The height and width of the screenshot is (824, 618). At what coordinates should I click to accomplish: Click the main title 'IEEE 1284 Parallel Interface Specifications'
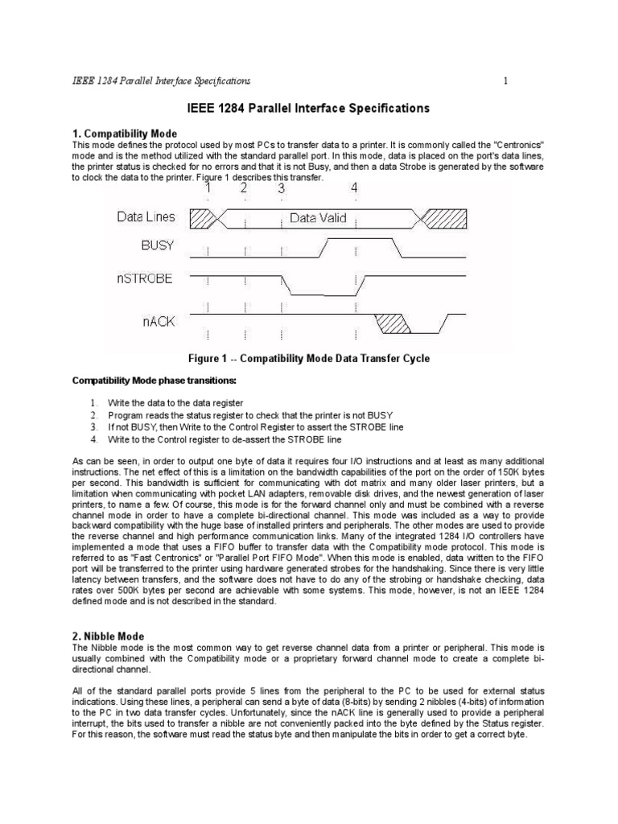(308, 108)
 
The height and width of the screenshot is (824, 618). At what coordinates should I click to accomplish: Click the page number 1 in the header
(505, 80)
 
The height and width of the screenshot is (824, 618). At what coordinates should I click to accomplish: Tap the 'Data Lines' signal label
(146, 217)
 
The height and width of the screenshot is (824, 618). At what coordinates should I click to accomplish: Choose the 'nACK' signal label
(156, 322)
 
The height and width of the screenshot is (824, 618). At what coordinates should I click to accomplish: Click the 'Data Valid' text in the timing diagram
(316, 217)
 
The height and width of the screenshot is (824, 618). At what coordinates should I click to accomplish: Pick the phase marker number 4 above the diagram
(354, 188)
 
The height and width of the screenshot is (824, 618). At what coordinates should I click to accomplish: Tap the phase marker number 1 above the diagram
(208, 188)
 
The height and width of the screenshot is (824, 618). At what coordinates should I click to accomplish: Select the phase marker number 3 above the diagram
(281, 188)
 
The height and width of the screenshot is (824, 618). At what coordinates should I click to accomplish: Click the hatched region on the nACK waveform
(393, 323)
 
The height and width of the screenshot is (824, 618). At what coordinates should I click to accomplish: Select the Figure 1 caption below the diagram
(308, 359)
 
